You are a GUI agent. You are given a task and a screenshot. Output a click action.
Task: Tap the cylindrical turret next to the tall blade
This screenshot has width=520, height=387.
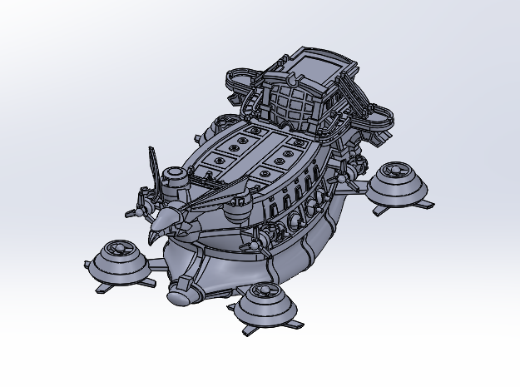click(173, 178)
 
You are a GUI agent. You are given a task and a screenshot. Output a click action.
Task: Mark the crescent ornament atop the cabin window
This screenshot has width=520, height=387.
click(293, 81)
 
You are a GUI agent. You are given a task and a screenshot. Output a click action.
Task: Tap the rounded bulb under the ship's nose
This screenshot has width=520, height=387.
click(178, 295)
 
